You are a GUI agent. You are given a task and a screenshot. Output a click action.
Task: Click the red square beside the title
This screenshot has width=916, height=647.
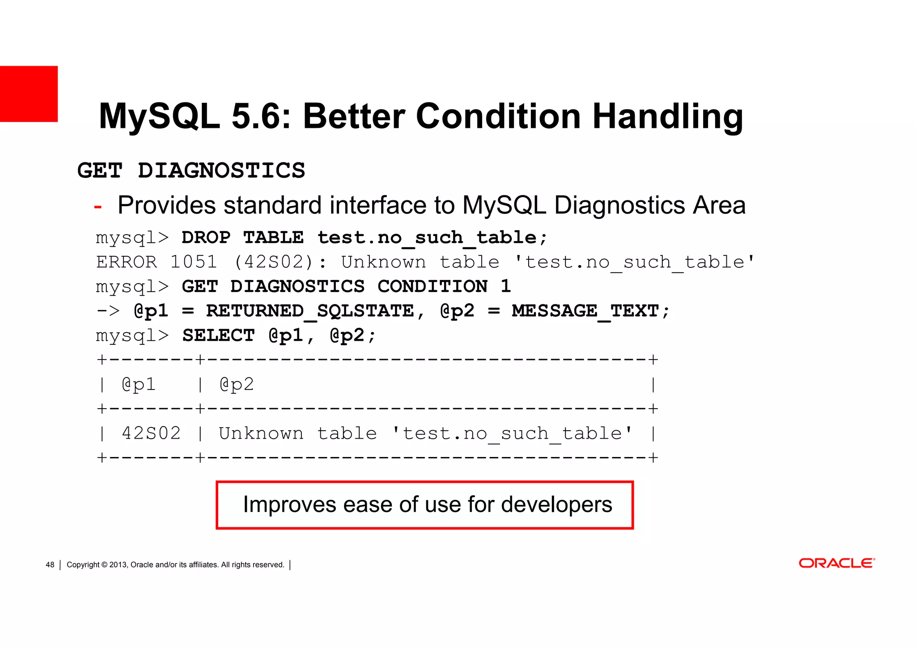29,94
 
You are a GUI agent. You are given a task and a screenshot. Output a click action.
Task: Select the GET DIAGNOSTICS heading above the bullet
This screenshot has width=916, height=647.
191,171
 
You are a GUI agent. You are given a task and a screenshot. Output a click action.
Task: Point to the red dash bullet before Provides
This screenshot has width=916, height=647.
98,207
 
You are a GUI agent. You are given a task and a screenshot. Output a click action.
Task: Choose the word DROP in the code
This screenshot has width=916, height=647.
206,237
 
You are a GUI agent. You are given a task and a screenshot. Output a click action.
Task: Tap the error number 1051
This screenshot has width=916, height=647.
194,262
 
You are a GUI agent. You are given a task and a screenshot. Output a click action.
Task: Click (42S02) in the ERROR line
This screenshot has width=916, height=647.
273,262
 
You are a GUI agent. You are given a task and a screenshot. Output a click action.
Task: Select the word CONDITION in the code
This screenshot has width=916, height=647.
432,287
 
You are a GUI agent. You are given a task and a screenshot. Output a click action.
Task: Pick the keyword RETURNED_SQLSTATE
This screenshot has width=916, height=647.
310,311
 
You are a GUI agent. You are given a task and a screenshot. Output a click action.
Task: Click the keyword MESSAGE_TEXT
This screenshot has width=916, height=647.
585,311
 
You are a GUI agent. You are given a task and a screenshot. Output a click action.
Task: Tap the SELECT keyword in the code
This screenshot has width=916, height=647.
218,335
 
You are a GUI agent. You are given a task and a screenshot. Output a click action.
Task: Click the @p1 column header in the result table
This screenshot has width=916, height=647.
139,385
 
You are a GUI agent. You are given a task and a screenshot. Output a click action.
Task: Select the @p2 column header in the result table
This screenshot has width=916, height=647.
237,385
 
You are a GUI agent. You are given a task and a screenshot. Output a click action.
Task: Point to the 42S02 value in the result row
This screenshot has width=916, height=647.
151,433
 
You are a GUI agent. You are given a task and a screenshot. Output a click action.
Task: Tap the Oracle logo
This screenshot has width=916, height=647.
836,563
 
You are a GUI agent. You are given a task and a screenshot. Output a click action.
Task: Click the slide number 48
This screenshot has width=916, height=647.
50,565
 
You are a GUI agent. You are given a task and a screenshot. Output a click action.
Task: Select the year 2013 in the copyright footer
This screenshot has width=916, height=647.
118,565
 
